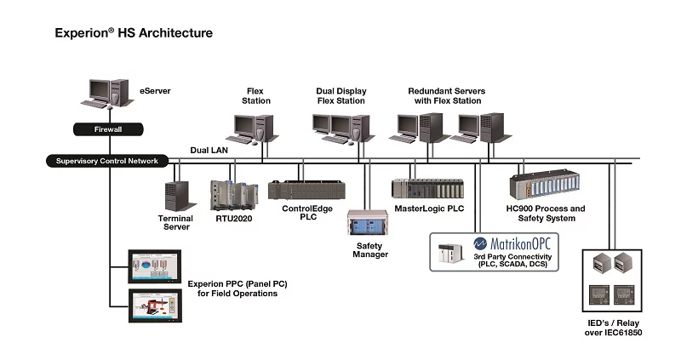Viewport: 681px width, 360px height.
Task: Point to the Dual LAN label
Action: point(209,150)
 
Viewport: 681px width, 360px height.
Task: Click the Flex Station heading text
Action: point(258,95)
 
